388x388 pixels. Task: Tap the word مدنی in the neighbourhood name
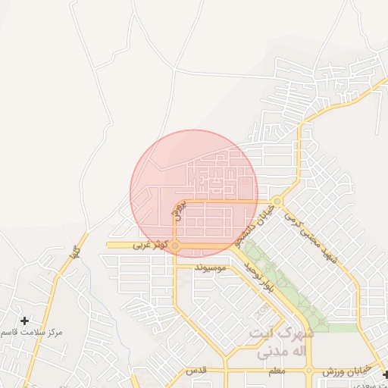(274, 352)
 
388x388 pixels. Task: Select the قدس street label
(196, 371)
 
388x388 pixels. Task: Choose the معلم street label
(276, 371)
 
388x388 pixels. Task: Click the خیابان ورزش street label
(346, 371)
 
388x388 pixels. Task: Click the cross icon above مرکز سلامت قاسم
(24, 321)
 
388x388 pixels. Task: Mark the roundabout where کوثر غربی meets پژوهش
(175, 246)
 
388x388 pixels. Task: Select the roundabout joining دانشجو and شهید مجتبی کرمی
(278, 202)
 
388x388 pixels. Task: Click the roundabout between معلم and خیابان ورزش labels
(309, 371)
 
